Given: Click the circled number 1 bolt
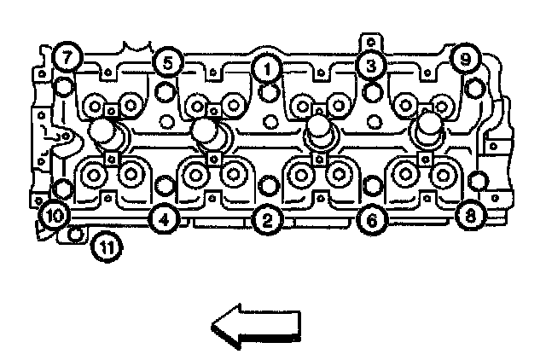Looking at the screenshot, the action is coord(267,66).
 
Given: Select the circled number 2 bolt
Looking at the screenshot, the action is coord(267,221).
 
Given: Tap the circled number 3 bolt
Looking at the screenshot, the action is coord(369,65).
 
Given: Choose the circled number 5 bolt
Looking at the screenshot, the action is coord(167,62).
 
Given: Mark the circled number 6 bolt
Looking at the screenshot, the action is coord(371,220).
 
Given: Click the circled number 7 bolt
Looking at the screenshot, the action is coord(66,59).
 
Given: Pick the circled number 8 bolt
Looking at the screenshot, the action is coord(468,214).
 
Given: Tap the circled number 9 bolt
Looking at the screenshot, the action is coord(465,60).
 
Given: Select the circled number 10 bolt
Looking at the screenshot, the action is coord(53,215).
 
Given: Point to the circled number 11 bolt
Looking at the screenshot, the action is coord(107,247).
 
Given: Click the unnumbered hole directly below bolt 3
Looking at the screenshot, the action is coord(372,90).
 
